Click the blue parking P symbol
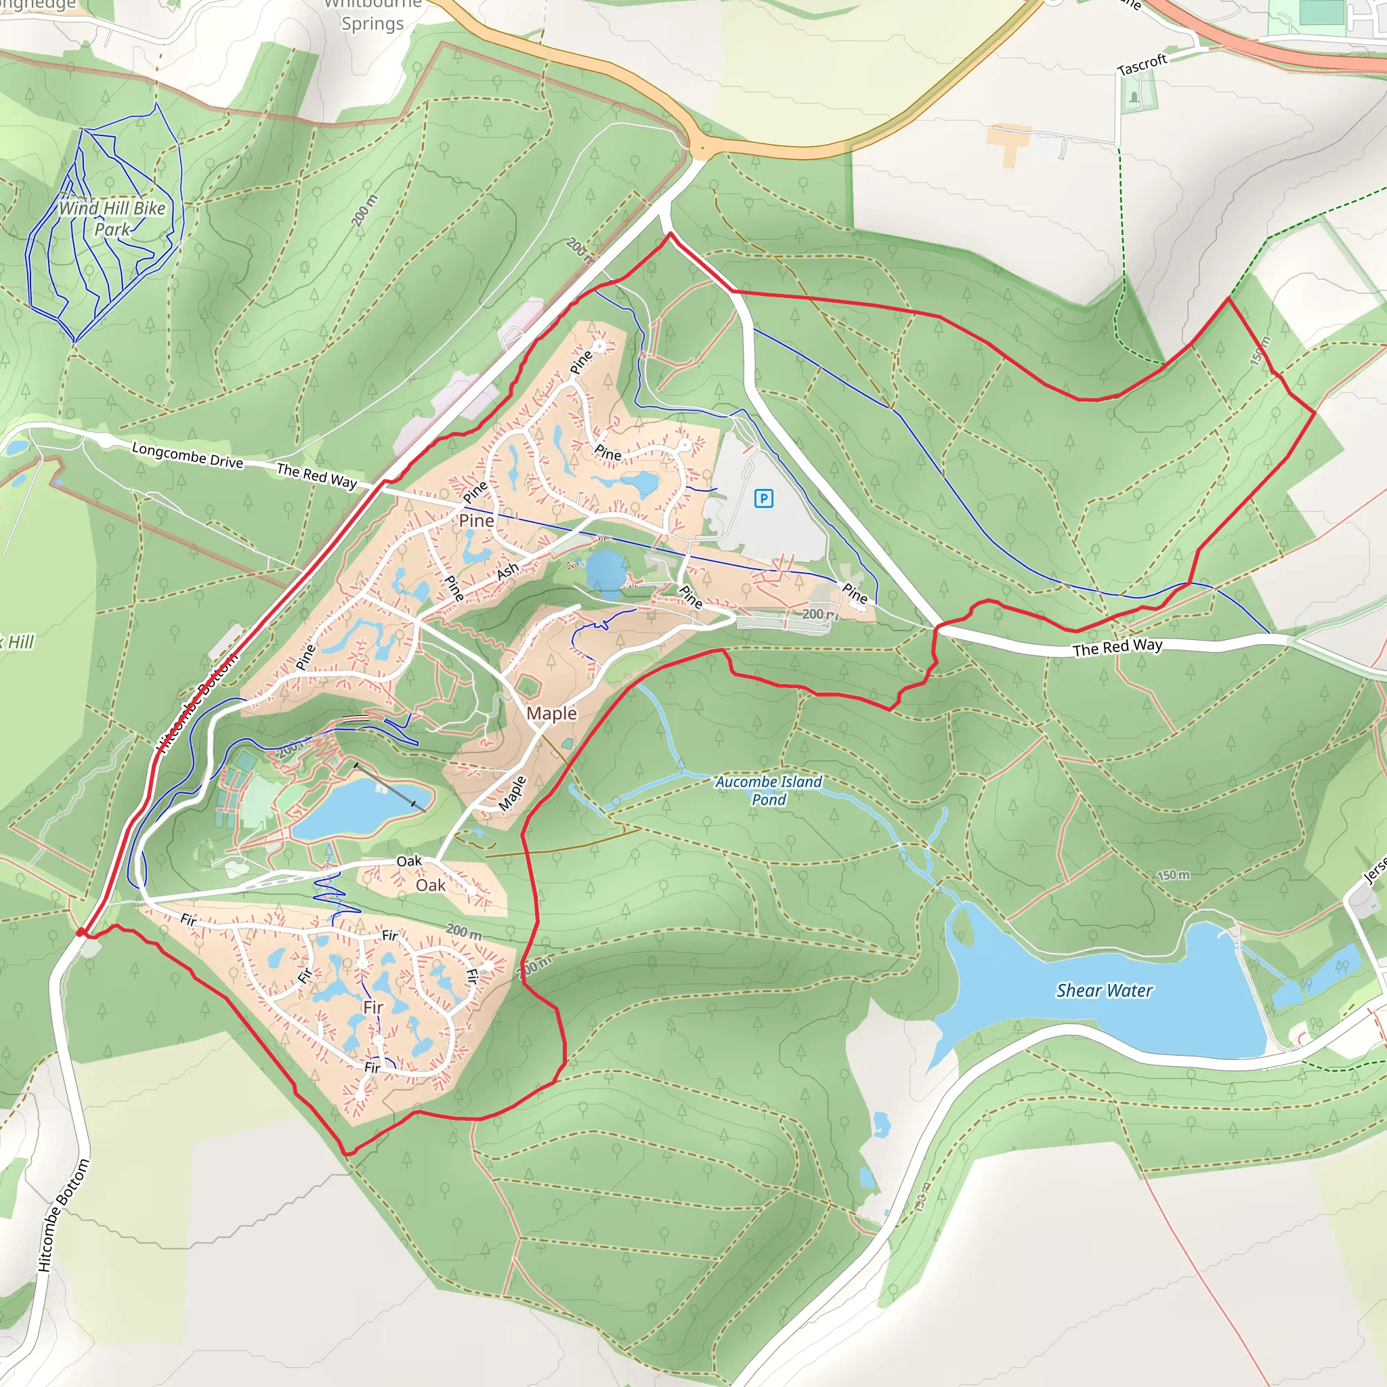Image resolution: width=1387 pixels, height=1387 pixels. pyautogui.click(x=764, y=498)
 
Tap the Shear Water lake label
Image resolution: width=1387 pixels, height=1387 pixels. pyautogui.click(x=1104, y=991)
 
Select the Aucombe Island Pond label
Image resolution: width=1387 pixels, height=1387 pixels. pyautogui.click(x=769, y=790)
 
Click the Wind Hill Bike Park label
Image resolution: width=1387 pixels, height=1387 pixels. pyautogui.click(x=112, y=218)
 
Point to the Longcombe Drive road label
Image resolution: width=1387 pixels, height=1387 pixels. pyautogui.click(x=188, y=455)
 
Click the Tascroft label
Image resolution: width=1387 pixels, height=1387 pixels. pyautogui.click(x=1143, y=64)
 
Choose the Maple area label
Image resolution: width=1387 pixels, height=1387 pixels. pyautogui.click(x=551, y=713)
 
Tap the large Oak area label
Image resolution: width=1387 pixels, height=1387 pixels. pyautogui.click(x=431, y=885)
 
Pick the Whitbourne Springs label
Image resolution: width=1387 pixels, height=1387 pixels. pyautogui.click(x=372, y=14)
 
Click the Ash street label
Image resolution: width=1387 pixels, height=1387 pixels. pyautogui.click(x=507, y=571)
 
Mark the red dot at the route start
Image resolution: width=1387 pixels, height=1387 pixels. pyautogui.click(x=81, y=932)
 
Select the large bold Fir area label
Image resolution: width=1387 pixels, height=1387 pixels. pyautogui.click(x=373, y=1007)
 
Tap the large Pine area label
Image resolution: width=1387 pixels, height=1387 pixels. pyautogui.click(x=476, y=521)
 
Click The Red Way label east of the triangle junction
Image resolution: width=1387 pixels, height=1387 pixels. pyautogui.click(x=1117, y=647)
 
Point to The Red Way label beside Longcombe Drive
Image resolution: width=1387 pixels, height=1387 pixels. pyautogui.click(x=316, y=475)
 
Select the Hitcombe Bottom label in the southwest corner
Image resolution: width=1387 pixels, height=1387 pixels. pyautogui.click(x=64, y=1215)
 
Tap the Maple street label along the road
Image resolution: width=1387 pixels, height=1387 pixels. pyautogui.click(x=512, y=792)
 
